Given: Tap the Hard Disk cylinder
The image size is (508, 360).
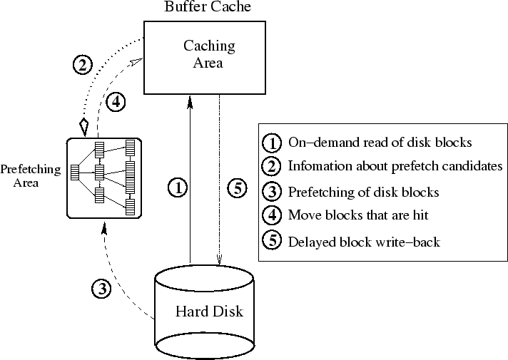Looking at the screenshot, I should (x=204, y=312).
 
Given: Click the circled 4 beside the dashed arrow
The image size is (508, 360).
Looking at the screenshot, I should (x=116, y=102).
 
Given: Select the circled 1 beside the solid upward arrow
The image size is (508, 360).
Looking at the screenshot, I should (x=178, y=188).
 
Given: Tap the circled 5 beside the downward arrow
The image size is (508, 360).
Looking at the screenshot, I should (x=238, y=188).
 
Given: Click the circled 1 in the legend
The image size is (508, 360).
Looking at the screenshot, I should (x=273, y=143).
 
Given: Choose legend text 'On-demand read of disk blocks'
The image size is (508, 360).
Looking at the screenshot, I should (x=380, y=142).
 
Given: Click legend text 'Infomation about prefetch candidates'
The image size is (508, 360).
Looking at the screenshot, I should (x=395, y=166).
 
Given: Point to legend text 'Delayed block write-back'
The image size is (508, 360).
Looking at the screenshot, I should (x=364, y=242).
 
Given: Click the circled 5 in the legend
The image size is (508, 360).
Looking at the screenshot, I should (x=273, y=241).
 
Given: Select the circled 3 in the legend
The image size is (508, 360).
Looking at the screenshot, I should (x=273, y=191).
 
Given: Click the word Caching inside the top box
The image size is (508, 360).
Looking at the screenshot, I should (x=209, y=46).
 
